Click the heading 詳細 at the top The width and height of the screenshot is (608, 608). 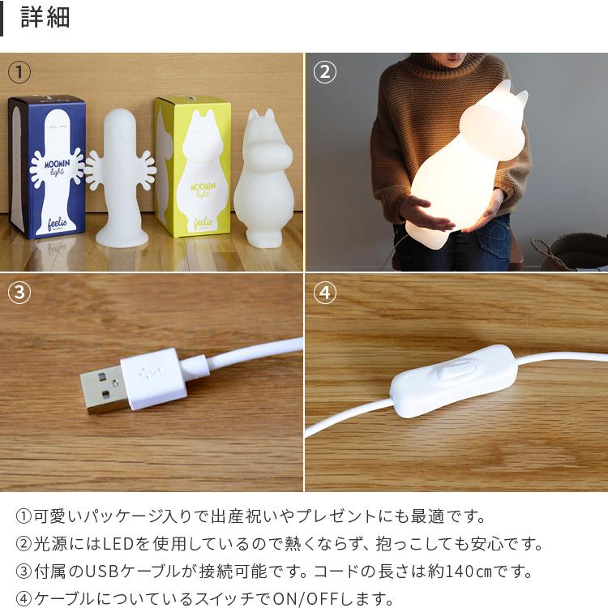click(45, 19)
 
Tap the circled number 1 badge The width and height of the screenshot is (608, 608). click(19, 72)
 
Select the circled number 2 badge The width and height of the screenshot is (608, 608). click(324, 72)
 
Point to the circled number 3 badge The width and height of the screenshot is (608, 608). click(19, 293)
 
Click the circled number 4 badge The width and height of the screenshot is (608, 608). click(324, 293)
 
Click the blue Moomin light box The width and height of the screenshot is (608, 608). click(46, 166)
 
